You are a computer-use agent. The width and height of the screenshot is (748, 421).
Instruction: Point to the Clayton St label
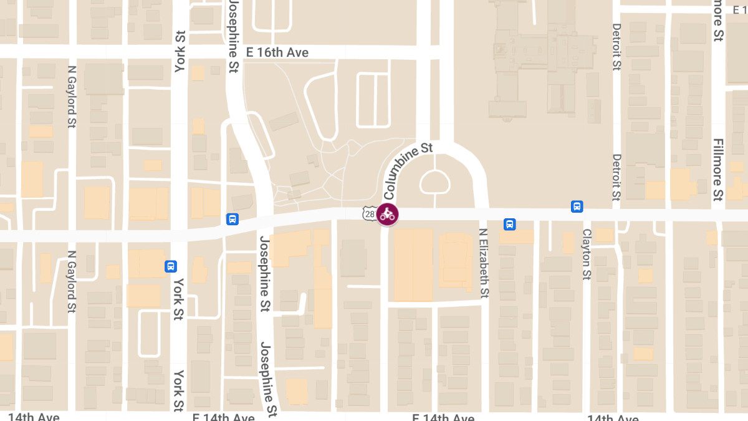(x=586, y=254)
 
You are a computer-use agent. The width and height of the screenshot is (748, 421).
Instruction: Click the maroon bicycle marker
(x=388, y=215)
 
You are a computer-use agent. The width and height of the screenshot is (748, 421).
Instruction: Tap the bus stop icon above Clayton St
(x=577, y=206)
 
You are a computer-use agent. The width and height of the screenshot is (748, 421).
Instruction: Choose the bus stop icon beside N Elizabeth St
(x=510, y=224)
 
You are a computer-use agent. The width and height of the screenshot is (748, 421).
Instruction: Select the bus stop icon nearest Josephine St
(x=232, y=219)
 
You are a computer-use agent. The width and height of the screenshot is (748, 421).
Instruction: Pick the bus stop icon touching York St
(x=170, y=266)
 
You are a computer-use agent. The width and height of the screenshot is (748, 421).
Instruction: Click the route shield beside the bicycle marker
(x=368, y=215)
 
